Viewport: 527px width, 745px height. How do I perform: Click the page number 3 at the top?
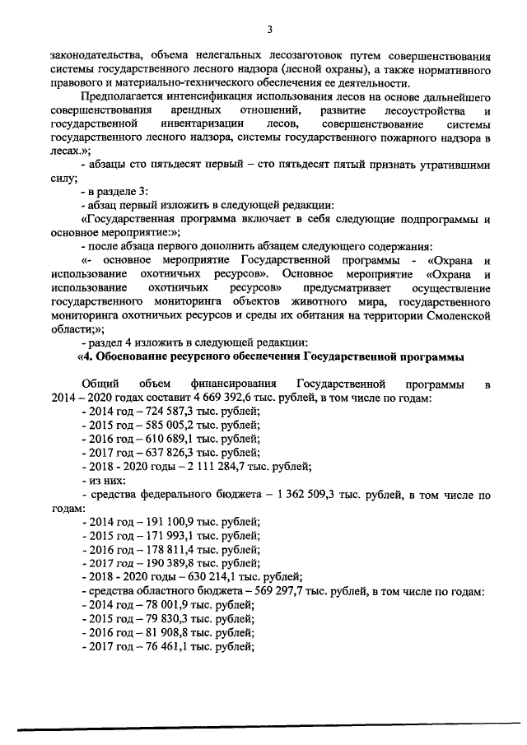269,30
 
